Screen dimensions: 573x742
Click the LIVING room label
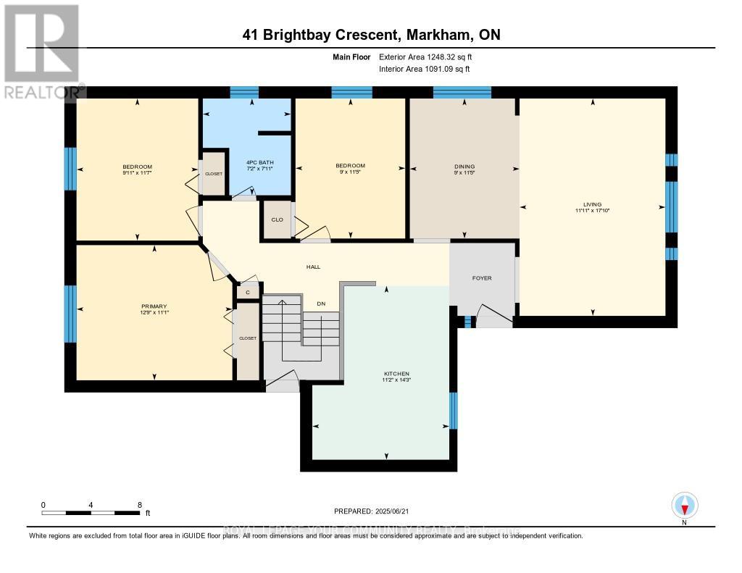[x=592, y=204]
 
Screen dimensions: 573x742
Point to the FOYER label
[x=482, y=278]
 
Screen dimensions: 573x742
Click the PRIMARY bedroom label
[x=154, y=306]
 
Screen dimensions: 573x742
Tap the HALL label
[x=313, y=267]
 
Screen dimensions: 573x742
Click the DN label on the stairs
[x=321, y=304]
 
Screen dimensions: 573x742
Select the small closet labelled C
[x=248, y=292]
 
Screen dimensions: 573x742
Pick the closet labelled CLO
[x=277, y=219]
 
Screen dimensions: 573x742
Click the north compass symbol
[x=685, y=505]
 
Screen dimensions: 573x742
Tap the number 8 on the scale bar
[x=139, y=504]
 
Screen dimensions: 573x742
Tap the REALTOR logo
[x=41, y=51]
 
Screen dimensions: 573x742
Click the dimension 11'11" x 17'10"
[x=592, y=211]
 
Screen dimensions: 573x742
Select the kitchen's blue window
[x=453, y=411]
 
